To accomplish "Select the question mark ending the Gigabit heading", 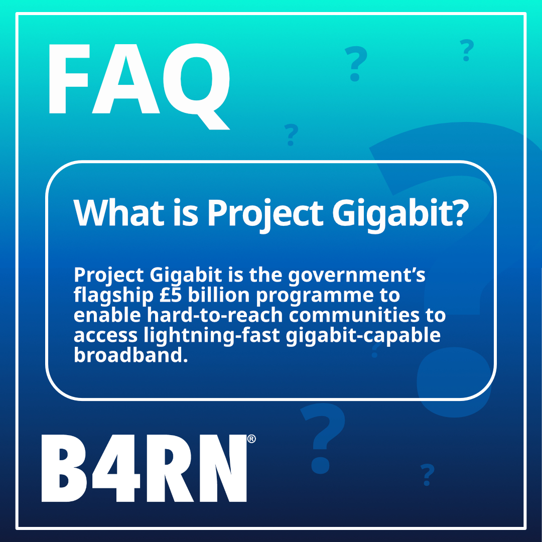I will (453, 212).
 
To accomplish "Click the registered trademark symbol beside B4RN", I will (251, 439).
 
